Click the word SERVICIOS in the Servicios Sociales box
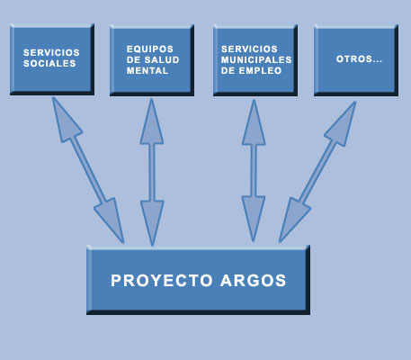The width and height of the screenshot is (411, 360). [51, 52]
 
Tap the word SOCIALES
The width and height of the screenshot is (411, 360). [49, 63]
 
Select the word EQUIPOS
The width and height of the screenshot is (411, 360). [150, 49]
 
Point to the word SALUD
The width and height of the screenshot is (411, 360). [162, 59]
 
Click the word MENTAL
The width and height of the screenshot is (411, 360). [147, 70]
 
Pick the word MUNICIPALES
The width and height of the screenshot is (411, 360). [256, 59]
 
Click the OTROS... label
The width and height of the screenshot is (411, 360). [359, 59]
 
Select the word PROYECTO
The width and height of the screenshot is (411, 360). [162, 281]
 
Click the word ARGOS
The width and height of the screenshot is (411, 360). [254, 281]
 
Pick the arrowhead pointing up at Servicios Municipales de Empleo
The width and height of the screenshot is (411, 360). [254, 123]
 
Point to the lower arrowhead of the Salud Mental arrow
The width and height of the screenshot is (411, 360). [152, 222]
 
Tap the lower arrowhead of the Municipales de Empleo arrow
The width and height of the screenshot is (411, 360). [254, 218]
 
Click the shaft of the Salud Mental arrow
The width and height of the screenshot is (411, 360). [152, 173]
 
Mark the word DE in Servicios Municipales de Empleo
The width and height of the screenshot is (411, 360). [228, 70]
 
